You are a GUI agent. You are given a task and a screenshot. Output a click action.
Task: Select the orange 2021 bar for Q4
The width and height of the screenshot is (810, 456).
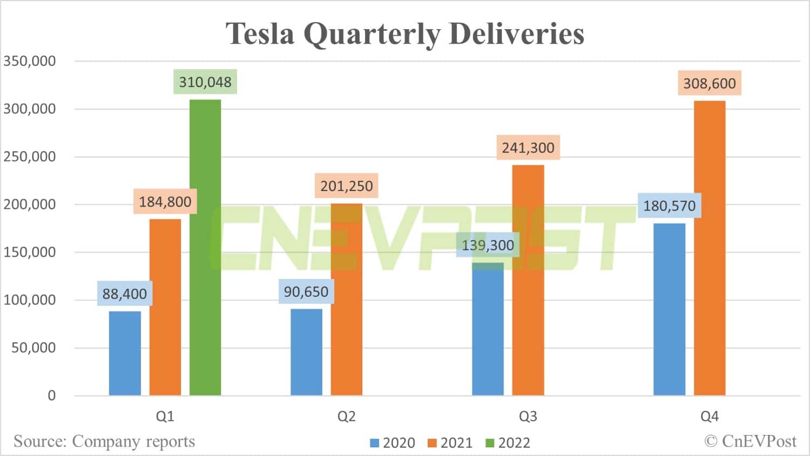tap(710, 248)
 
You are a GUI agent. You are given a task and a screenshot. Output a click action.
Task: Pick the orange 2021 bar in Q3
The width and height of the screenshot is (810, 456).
tap(528, 280)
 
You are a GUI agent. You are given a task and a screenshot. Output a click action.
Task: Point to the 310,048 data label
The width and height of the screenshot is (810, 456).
tap(205, 83)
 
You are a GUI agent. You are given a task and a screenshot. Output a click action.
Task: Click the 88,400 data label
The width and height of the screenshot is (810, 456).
tap(125, 294)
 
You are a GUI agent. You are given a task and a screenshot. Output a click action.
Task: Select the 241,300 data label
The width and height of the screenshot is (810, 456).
tap(528, 148)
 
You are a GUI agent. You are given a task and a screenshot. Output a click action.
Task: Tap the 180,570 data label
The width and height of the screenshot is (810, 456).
tap(669, 206)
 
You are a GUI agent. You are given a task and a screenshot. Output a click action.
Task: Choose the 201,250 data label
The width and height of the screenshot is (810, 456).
tap(347, 186)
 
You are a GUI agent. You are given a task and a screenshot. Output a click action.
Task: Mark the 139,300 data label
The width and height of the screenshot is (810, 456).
tap(488, 246)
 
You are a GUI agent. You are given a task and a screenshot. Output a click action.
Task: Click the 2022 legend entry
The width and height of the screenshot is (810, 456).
tap(508, 443)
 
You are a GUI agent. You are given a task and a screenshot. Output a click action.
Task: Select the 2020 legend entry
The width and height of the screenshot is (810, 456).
tap(393, 443)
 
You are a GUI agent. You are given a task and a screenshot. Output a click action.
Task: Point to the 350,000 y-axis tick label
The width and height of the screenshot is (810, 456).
tap(30, 61)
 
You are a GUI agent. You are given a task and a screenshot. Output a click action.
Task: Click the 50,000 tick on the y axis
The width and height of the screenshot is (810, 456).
tap(33, 348)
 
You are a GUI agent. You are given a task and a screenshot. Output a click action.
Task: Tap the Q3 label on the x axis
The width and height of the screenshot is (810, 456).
tap(528, 417)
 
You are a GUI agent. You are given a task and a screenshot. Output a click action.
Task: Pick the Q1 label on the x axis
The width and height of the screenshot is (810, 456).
tap(165, 417)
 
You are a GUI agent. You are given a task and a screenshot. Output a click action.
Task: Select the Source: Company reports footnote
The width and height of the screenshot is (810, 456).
tap(104, 441)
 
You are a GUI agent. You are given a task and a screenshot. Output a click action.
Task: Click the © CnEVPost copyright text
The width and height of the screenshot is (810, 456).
tap(750, 441)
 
